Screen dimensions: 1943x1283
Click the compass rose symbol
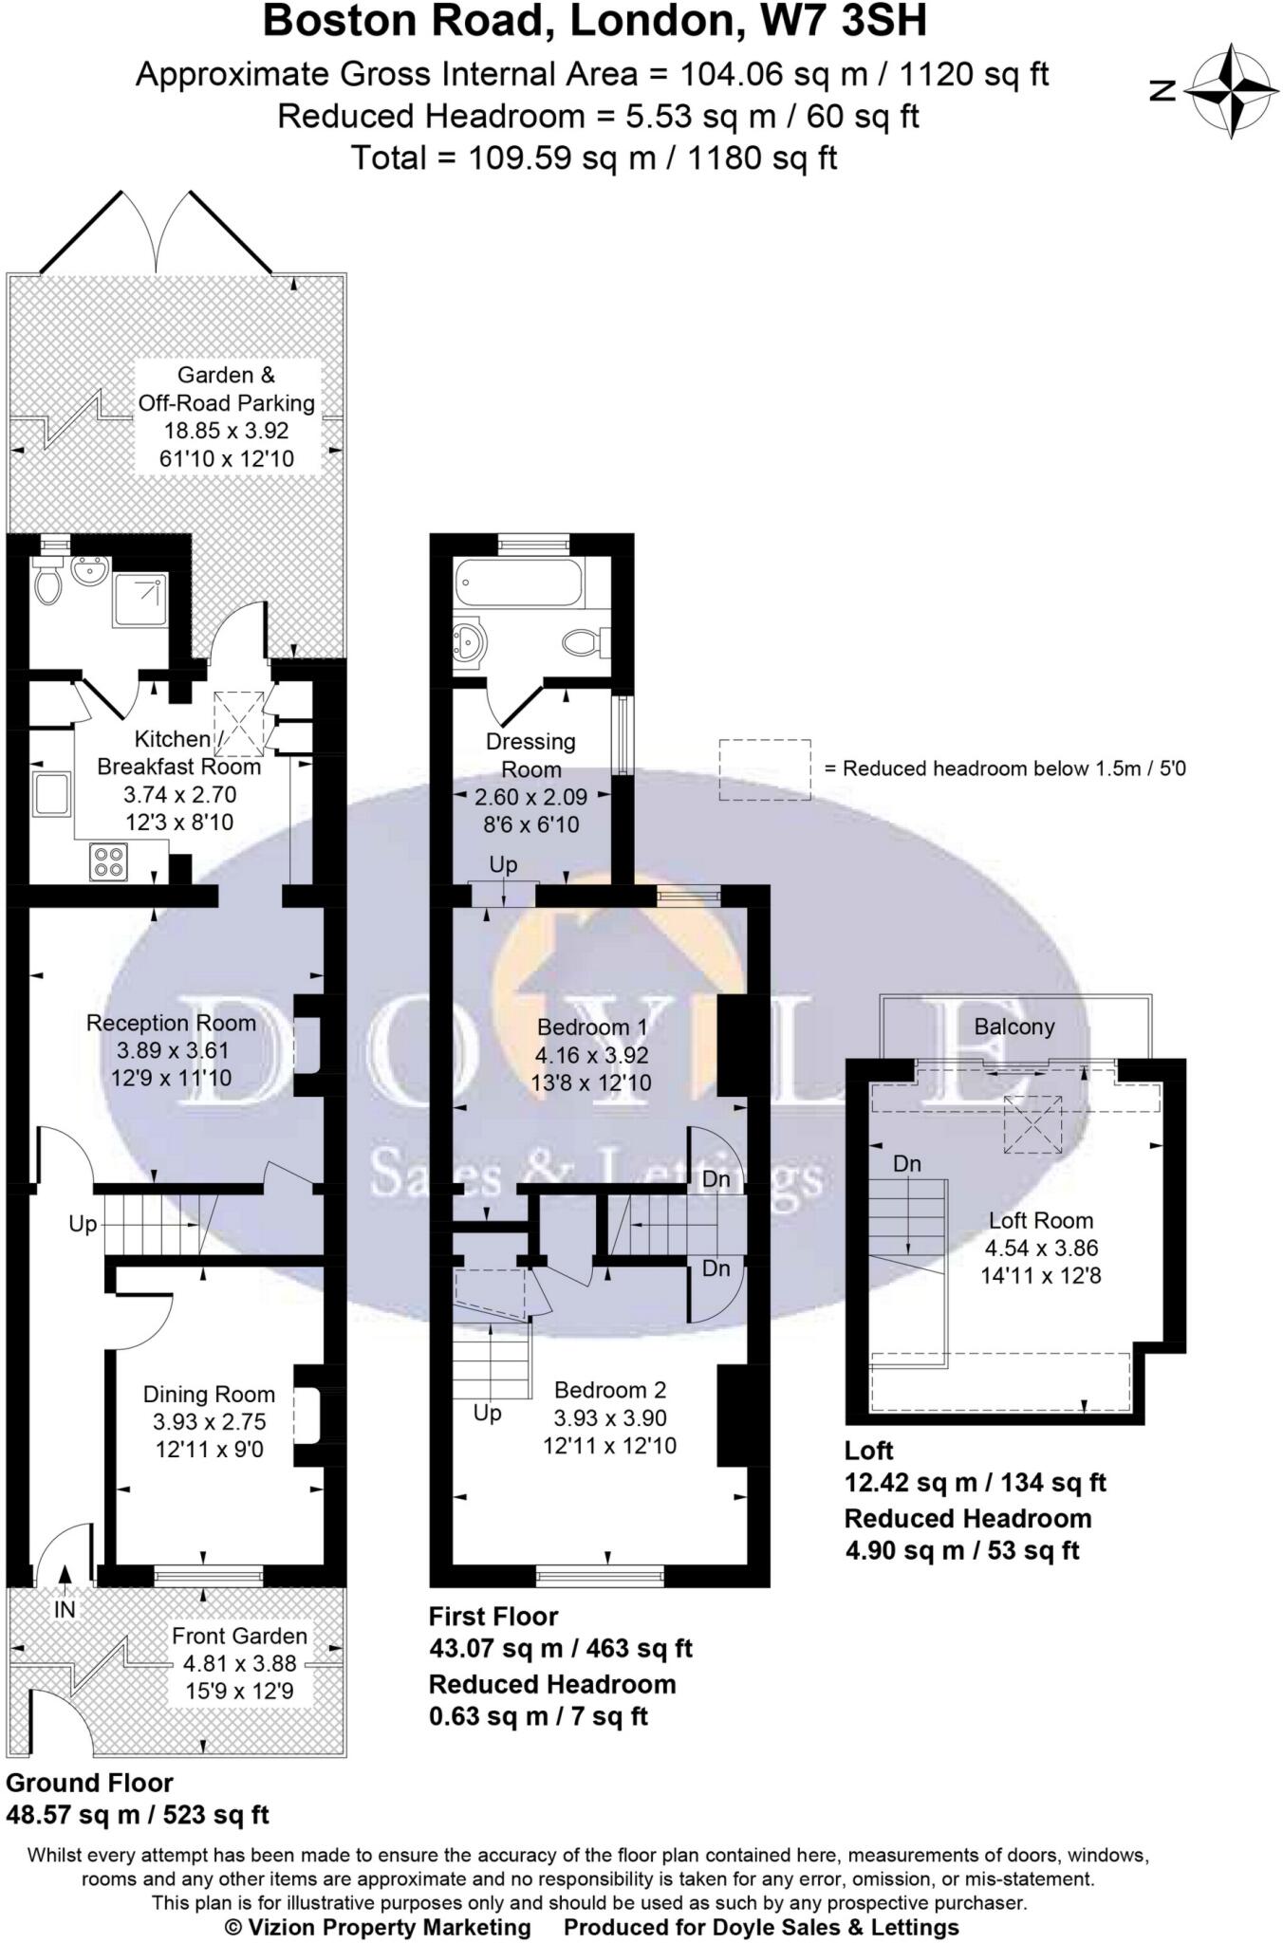[1231, 90]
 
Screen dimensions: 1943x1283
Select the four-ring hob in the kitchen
[108, 860]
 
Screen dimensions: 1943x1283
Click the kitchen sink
[52, 793]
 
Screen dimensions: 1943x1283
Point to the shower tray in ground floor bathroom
[139, 600]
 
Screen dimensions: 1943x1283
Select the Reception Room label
[171, 1023]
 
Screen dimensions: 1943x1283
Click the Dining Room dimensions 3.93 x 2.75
[209, 1421]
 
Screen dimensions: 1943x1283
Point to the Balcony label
[1013, 1027]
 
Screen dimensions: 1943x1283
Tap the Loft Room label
[1040, 1220]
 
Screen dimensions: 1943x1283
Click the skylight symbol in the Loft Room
[1032, 1124]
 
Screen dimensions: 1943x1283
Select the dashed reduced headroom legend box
[764, 768]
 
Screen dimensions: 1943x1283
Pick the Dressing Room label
[530, 755]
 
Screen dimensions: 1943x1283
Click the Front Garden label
[239, 1636]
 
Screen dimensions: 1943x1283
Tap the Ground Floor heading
[89, 1783]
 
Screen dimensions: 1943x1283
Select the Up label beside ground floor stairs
[83, 1224]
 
